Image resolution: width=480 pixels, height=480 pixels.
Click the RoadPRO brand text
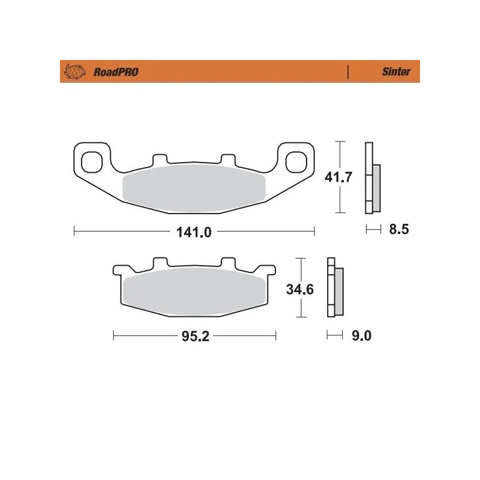click(x=116, y=72)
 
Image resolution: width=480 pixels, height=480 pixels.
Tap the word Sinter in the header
click(x=396, y=72)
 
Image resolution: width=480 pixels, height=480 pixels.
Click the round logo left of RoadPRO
click(x=75, y=72)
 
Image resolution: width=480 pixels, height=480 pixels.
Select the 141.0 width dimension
click(x=194, y=231)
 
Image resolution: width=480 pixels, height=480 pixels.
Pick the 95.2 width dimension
click(x=195, y=337)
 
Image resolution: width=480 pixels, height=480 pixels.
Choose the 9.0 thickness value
click(x=361, y=336)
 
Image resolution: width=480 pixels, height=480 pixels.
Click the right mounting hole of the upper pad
click(x=295, y=161)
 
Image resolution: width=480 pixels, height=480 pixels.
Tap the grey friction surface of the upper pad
click(x=193, y=189)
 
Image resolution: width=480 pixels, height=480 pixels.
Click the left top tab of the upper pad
click(x=160, y=159)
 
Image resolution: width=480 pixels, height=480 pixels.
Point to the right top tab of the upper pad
click(x=227, y=159)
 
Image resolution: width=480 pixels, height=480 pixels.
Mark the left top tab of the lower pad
click(x=160, y=262)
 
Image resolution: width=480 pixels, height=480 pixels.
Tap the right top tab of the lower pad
click(x=227, y=262)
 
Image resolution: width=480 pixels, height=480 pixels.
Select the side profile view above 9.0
click(x=334, y=289)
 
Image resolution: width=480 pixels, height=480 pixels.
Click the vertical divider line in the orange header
click(x=348, y=72)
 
